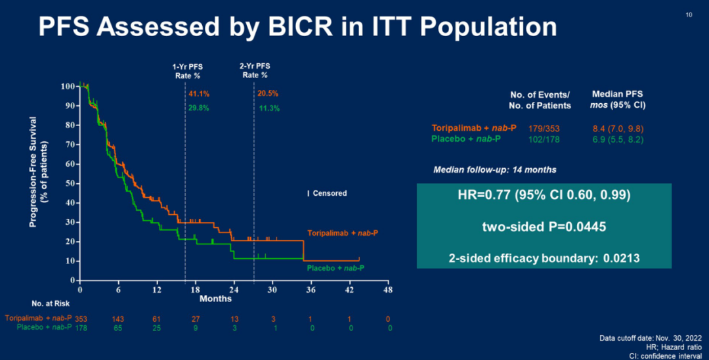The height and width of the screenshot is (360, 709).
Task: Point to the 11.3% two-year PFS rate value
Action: [267, 108]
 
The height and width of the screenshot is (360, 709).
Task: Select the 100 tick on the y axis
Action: [67, 86]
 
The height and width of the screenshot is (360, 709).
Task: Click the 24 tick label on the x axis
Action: [234, 290]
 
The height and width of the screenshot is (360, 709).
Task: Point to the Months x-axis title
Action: [216, 299]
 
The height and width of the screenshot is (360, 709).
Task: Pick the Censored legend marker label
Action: [330, 193]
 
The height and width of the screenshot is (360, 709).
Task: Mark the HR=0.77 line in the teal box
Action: [544, 195]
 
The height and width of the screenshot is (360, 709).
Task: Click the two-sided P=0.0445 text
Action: [544, 227]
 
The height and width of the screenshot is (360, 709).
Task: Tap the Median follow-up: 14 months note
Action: [495, 169]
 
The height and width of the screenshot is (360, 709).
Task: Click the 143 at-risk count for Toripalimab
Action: [118, 318]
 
